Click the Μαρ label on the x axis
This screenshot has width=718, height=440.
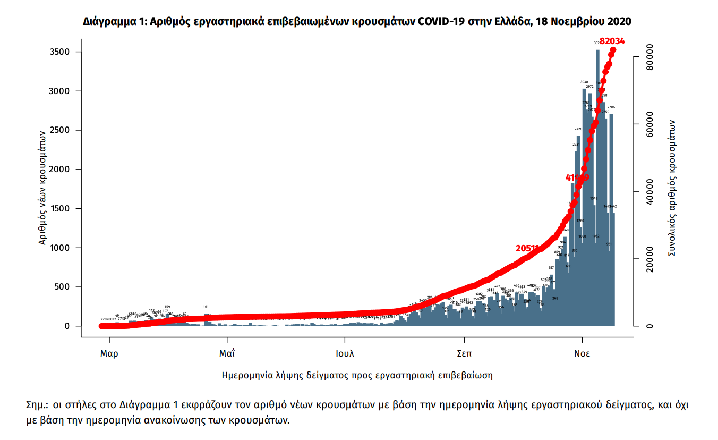pyautogui.click(x=109, y=353)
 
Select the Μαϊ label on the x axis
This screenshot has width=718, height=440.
pyautogui.click(x=227, y=353)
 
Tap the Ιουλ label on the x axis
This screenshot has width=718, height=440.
pyautogui.click(x=345, y=353)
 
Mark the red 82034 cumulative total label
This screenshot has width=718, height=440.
pyautogui.click(x=612, y=41)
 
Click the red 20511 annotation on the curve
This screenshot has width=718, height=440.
pyautogui.click(x=527, y=248)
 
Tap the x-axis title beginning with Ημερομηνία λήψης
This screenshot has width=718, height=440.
pyautogui.click(x=357, y=375)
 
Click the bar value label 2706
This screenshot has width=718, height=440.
pyautogui.click(x=611, y=107)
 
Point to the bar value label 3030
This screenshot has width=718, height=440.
pyautogui.click(x=584, y=82)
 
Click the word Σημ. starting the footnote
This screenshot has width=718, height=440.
pyautogui.click(x=37, y=404)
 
